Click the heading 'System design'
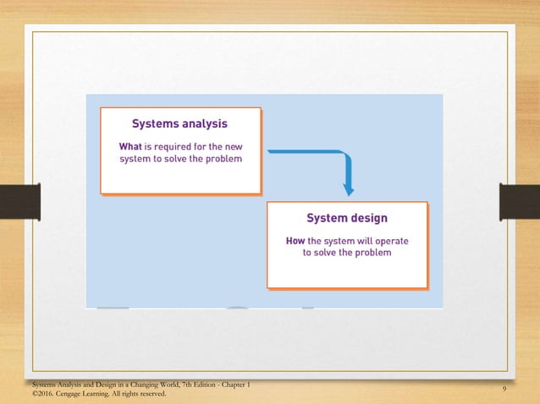(x=347, y=218)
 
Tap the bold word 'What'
(x=129, y=145)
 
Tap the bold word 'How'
(x=295, y=240)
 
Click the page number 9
(x=504, y=389)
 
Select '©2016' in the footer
(x=42, y=394)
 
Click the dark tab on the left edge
(x=19, y=203)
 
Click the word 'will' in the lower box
(x=358, y=240)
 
